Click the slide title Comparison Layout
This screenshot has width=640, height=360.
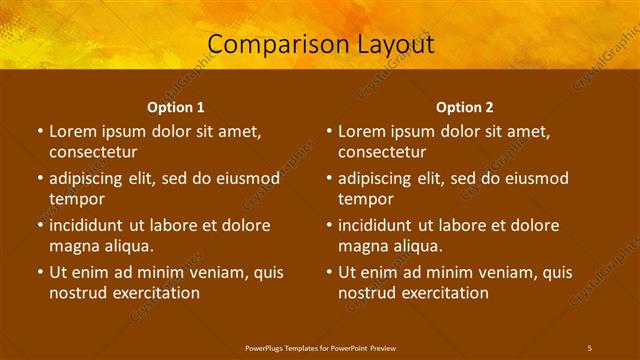320,44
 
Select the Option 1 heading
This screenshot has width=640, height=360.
175,106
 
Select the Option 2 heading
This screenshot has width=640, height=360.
464,106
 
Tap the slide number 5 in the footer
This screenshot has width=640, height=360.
589,347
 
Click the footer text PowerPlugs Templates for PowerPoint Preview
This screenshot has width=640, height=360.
320,347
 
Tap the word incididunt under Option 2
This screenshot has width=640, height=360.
383,225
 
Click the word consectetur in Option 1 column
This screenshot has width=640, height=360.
93,152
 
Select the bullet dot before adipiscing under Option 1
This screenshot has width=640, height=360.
39,178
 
